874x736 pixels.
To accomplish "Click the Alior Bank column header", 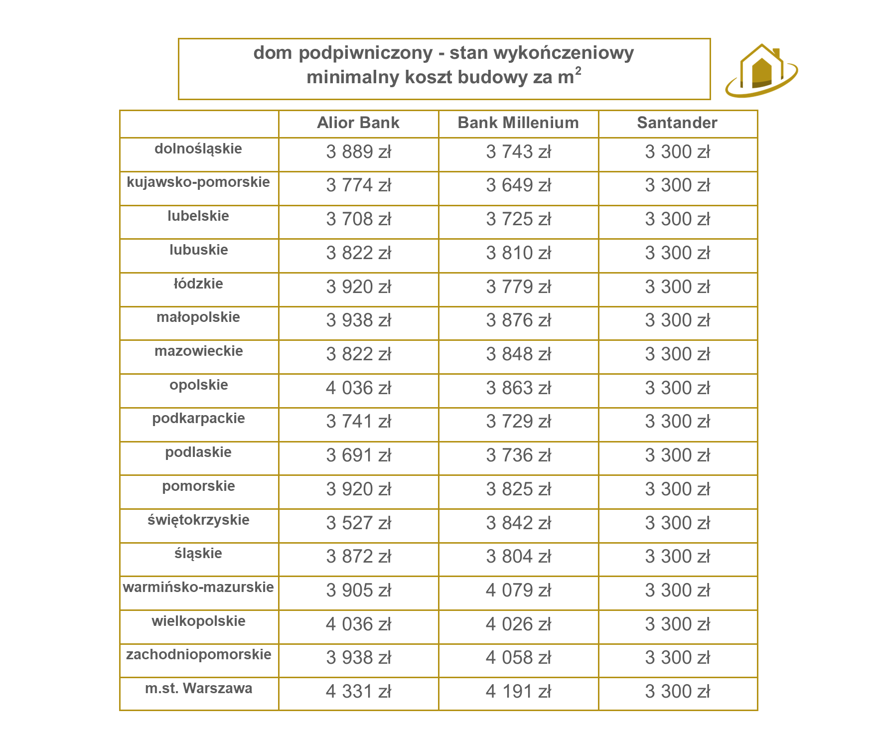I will [358, 123].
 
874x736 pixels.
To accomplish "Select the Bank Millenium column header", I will [518, 123].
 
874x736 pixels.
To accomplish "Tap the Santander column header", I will [677, 123].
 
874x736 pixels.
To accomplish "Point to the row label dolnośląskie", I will [198, 149].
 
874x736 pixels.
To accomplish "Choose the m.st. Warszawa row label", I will [198, 689].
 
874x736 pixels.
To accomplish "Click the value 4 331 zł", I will [358, 692].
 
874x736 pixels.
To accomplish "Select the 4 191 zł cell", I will [518, 692].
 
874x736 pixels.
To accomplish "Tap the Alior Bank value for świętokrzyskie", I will [358, 523].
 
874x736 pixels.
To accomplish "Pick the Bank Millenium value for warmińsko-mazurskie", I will [518, 590].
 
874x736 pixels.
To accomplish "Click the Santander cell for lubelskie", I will [677, 219].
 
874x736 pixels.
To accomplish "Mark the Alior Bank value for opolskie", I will [358, 388].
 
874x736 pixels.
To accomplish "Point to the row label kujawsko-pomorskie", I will [198, 182].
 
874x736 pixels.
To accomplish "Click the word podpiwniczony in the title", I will [365, 53].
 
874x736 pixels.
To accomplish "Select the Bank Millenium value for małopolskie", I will [518, 320].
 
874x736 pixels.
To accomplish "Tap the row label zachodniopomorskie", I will [198, 655].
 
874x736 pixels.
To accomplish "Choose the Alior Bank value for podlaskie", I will [358, 455].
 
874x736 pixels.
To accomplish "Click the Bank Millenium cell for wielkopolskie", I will [518, 624].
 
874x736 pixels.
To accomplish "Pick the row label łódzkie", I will [198, 284].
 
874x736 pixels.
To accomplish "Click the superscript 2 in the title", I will [578, 71].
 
